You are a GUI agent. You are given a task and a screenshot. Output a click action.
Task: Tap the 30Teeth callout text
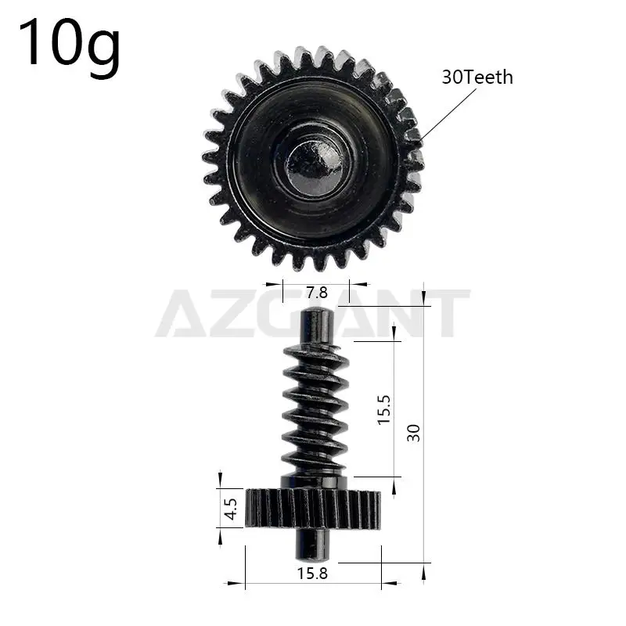(477, 77)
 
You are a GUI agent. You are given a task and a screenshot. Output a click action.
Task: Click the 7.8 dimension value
(316, 293)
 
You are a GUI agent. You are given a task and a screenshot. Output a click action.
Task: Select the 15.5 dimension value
(383, 409)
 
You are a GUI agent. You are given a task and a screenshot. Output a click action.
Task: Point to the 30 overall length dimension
(414, 432)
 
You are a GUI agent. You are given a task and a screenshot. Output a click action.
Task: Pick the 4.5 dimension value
(230, 509)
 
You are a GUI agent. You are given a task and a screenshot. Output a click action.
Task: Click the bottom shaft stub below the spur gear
(316, 541)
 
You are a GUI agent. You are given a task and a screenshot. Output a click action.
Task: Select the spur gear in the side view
(313, 509)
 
